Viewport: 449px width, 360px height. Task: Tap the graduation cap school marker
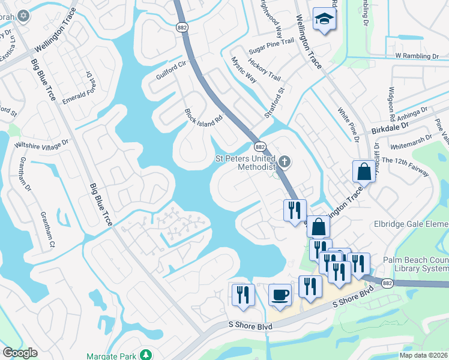[x=324, y=20]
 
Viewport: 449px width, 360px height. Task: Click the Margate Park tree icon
[x=145, y=356]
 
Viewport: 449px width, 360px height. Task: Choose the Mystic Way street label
[x=244, y=70]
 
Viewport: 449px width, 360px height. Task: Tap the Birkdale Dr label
[x=389, y=127]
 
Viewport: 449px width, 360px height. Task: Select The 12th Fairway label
[x=405, y=166]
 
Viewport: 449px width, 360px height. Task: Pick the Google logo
[x=20, y=353]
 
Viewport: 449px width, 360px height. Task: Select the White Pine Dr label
[x=348, y=124]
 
